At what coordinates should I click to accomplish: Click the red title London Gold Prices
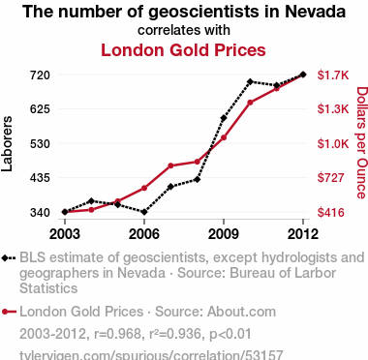point(183,50)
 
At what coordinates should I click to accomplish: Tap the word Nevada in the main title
point(315,12)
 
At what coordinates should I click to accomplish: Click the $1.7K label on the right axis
point(333,75)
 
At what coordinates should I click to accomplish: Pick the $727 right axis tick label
point(330,178)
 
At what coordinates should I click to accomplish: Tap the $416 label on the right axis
point(331,212)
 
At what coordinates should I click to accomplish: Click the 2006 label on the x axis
point(144,234)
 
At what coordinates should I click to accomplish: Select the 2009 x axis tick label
point(224,234)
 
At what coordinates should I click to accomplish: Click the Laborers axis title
point(7,143)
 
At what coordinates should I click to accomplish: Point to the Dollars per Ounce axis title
point(361,142)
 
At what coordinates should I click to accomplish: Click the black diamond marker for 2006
point(144,212)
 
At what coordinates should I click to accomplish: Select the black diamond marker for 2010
point(250,81)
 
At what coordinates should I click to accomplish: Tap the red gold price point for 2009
point(224,137)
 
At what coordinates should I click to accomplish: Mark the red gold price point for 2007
point(170,165)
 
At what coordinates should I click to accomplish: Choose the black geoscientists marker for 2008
point(198,179)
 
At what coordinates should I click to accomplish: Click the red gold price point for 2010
point(250,103)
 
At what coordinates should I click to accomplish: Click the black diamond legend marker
point(5,257)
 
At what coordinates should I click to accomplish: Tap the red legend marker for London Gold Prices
point(5,312)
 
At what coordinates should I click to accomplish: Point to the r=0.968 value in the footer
point(117,334)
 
